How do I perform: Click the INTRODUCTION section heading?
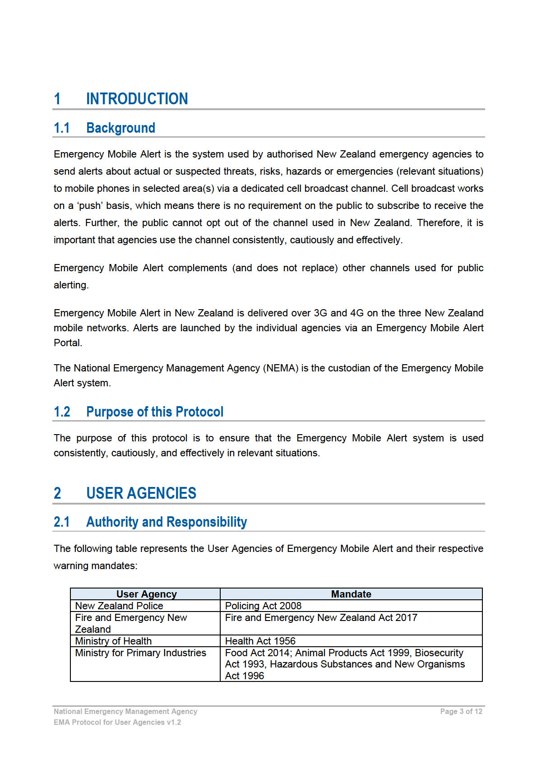pos(137,99)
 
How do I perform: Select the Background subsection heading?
pos(120,128)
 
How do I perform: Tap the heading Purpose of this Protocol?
pos(155,412)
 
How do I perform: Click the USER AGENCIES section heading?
pos(141,493)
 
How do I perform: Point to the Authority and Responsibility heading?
pos(167,522)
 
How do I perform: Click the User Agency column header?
pos(146,594)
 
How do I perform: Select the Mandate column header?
pos(351,594)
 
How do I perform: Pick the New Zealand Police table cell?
pos(119,606)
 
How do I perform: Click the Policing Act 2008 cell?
pos(263,606)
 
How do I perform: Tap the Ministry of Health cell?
pos(113,641)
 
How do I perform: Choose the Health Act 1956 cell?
pos(260,641)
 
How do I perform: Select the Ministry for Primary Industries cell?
pos(140,653)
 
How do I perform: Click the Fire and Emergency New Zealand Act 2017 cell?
pos(321,617)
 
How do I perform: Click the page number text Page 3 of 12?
pos(461,712)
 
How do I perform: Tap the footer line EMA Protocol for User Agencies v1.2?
pos(117,723)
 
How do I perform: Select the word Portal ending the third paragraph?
pos(68,343)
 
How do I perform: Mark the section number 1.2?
pos(62,412)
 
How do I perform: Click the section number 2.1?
pos(62,522)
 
